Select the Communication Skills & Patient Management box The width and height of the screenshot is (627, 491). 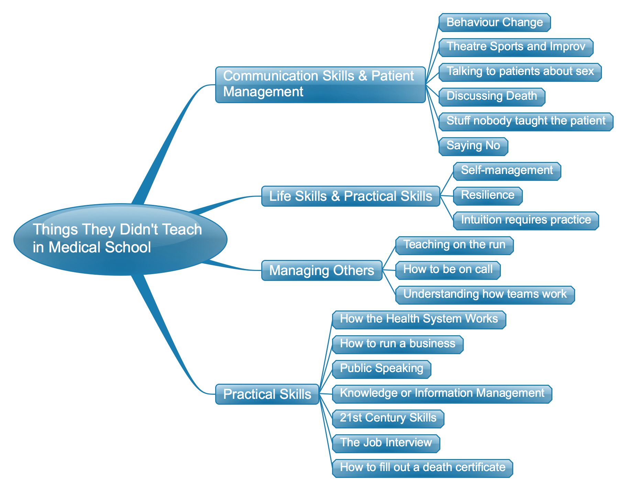pos(320,85)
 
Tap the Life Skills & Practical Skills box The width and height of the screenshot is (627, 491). pos(351,196)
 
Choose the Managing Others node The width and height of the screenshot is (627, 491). pos(322,270)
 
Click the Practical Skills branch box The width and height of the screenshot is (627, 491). pos(267,394)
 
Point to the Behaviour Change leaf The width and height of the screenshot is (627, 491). pos(495,23)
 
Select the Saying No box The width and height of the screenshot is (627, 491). pos(473,146)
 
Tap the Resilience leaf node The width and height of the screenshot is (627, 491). pos(488,196)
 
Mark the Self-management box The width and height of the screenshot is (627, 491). pos(507,171)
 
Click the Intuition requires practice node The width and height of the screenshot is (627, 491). pos(526,220)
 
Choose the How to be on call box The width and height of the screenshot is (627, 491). pos(448,270)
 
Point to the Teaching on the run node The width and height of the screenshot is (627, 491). pos(454,245)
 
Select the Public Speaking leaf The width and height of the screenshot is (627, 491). pos(382,369)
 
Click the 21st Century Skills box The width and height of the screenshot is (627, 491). pos(388,418)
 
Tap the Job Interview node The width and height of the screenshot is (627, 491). pos(386,443)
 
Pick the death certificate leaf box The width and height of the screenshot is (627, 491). pos(422,468)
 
